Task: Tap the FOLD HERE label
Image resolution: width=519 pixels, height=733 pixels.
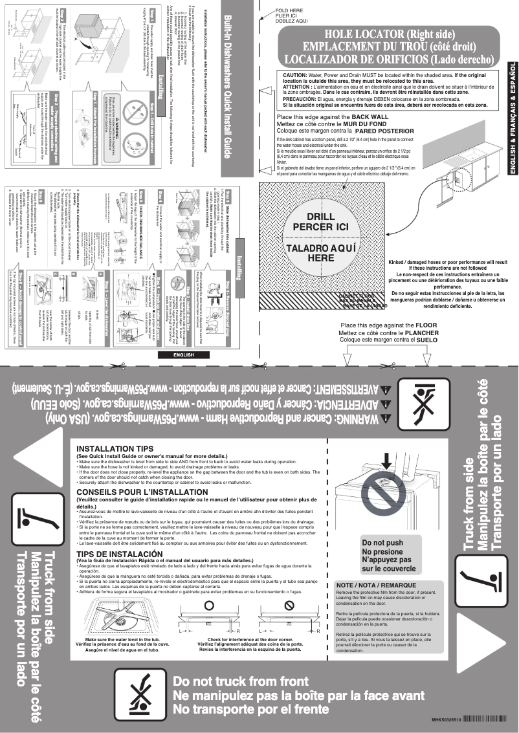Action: (289, 11)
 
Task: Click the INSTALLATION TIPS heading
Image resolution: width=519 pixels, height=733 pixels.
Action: (115, 449)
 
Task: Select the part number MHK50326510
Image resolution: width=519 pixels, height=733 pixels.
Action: (447, 719)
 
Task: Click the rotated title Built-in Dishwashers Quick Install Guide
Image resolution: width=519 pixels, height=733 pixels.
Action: (228, 96)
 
